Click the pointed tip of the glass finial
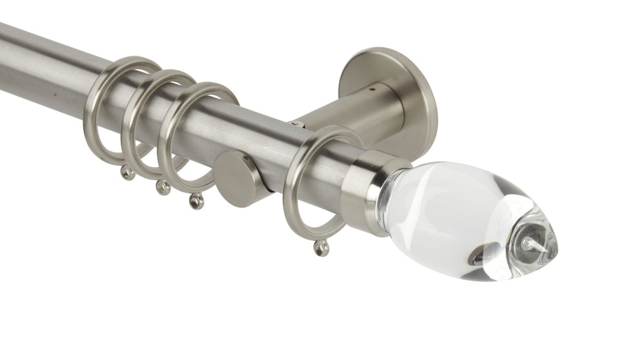click(x=554, y=245)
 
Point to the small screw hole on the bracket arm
click(x=372, y=89)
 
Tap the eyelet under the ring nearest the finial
click(x=321, y=248)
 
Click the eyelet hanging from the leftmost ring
click(x=128, y=173)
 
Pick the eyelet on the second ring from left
click(x=163, y=187)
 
